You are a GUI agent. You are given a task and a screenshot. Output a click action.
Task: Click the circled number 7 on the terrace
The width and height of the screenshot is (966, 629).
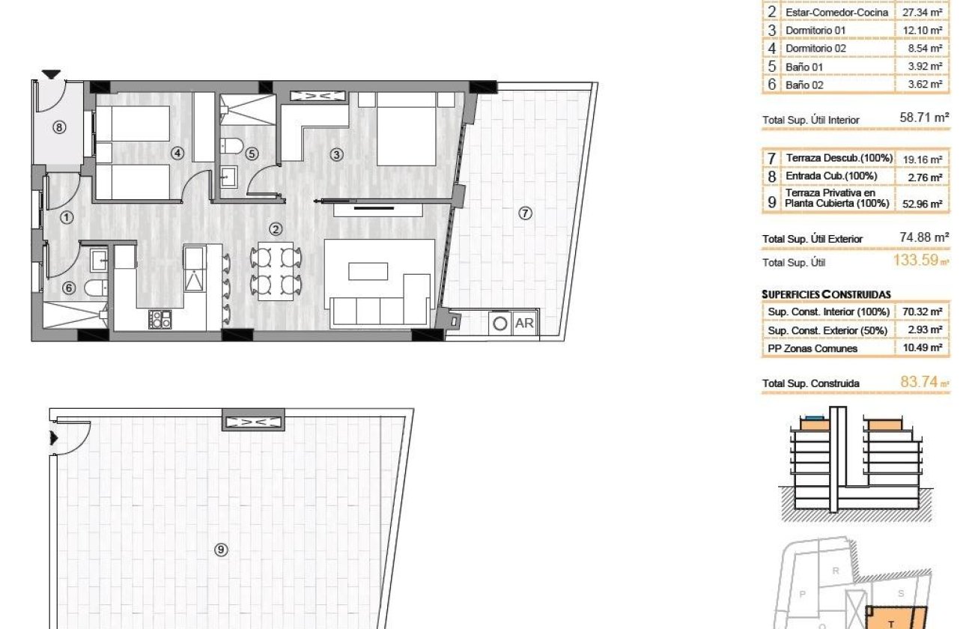pyautogui.click(x=525, y=213)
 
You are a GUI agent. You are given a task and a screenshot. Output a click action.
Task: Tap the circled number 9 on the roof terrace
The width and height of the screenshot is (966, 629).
pyautogui.click(x=221, y=550)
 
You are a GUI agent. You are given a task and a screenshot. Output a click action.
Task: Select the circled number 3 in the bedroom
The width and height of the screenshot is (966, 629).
pyautogui.click(x=336, y=155)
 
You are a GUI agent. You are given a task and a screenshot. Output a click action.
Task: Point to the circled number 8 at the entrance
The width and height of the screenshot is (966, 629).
pyautogui.click(x=59, y=127)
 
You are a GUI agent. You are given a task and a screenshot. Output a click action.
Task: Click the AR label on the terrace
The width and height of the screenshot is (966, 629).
pyautogui.click(x=525, y=323)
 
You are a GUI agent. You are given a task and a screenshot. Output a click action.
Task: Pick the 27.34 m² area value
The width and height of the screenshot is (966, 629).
pyautogui.click(x=925, y=13)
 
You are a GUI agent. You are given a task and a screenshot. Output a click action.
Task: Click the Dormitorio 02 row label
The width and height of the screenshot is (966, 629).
pyautogui.click(x=815, y=49)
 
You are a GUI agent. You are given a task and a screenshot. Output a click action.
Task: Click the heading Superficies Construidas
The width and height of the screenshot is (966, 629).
pyautogui.click(x=826, y=295)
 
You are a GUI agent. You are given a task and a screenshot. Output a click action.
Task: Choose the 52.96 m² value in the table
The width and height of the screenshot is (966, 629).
pyautogui.click(x=925, y=204)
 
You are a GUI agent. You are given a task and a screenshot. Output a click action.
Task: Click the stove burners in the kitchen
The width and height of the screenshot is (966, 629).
pyautogui.click(x=160, y=320)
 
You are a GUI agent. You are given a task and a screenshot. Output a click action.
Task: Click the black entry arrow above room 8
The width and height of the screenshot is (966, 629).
pyautogui.click(x=51, y=74)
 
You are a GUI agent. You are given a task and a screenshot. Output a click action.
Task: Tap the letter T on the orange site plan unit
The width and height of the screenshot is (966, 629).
pyautogui.click(x=890, y=623)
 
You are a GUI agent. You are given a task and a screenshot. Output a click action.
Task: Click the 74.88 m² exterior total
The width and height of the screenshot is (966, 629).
pyautogui.click(x=924, y=237)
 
